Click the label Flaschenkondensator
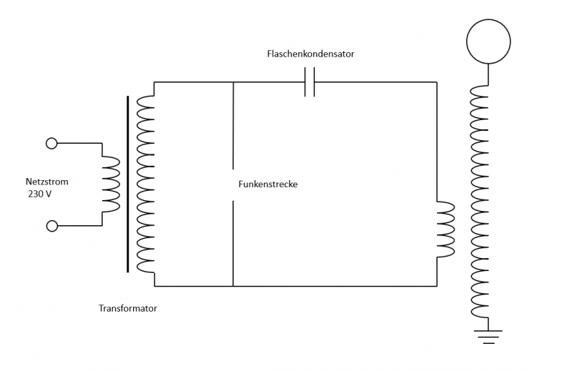coord(310,54)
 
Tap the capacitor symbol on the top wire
coord(310,82)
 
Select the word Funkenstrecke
coord(267,184)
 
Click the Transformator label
coord(128,309)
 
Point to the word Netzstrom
coord(47,182)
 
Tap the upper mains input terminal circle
coord(51,143)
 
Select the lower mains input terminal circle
coord(51,226)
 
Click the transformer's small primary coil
coord(110,184)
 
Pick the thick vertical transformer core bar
coord(129,184)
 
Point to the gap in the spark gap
coord(234,184)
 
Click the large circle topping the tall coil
coord(488,40)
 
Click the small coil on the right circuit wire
coord(445,229)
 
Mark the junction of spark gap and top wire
coord(234,82)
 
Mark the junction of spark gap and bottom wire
coord(234,287)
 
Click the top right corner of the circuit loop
coord(436,82)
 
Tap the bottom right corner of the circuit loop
coord(436,287)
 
